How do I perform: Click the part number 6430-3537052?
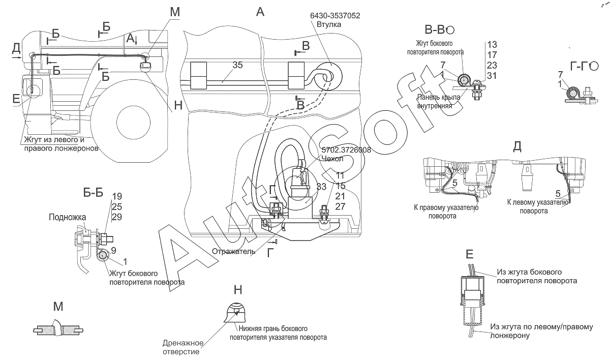tap(335, 16)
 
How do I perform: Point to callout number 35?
tap(238, 65)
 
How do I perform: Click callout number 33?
tap(321, 187)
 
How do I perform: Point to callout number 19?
tap(117, 196)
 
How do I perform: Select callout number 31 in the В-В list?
tap(491, 75)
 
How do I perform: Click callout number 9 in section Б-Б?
tap(113, 250)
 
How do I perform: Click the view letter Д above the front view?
tap(517, 146)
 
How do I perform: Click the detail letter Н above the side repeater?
tap(238, 289)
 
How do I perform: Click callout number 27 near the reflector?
tap(340, 206)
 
